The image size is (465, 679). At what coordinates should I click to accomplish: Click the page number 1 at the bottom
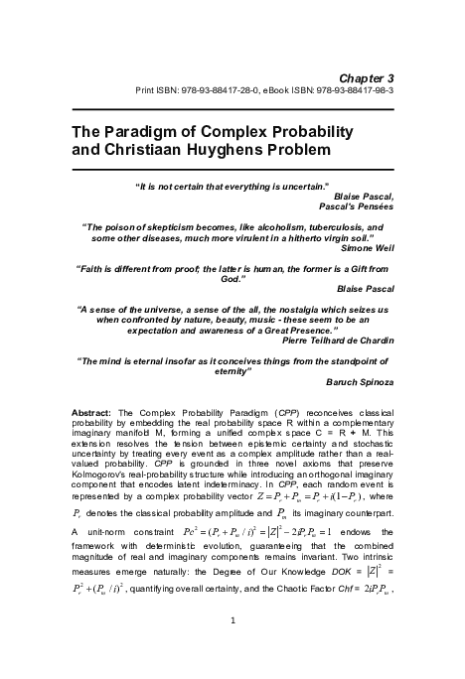232,650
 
